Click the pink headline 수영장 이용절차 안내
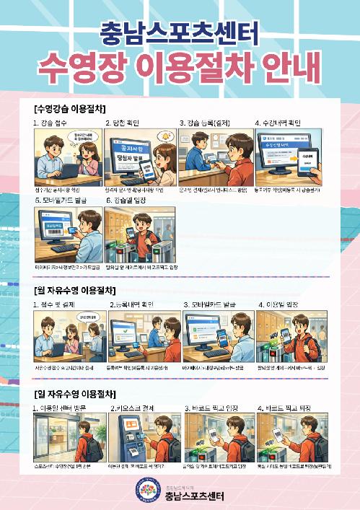pos(180,69)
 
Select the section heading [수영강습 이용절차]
pos(69,108)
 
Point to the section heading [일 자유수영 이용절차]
pos(74,393)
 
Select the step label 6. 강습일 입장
pos(131,198)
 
